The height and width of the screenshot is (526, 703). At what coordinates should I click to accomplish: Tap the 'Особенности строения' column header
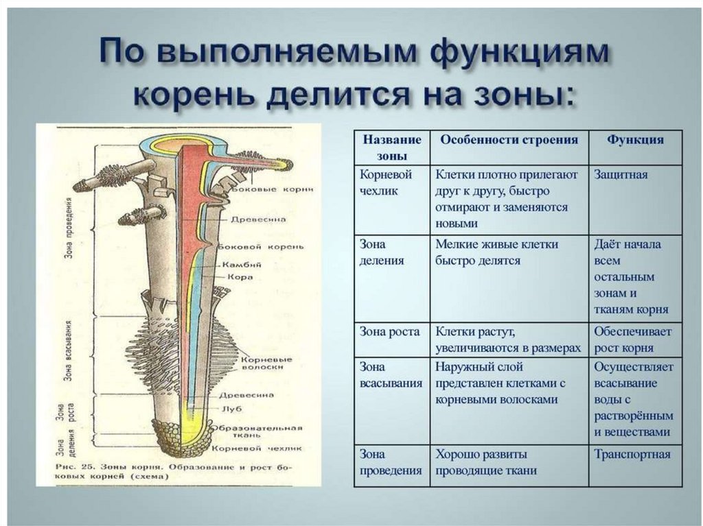(x=509, y=140)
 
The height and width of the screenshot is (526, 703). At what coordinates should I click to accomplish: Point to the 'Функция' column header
(x=635, y=140)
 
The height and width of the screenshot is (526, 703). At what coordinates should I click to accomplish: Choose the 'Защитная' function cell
(x=621, y=175)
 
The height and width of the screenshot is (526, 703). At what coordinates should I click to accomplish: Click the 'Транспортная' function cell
(x=632, y=454)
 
